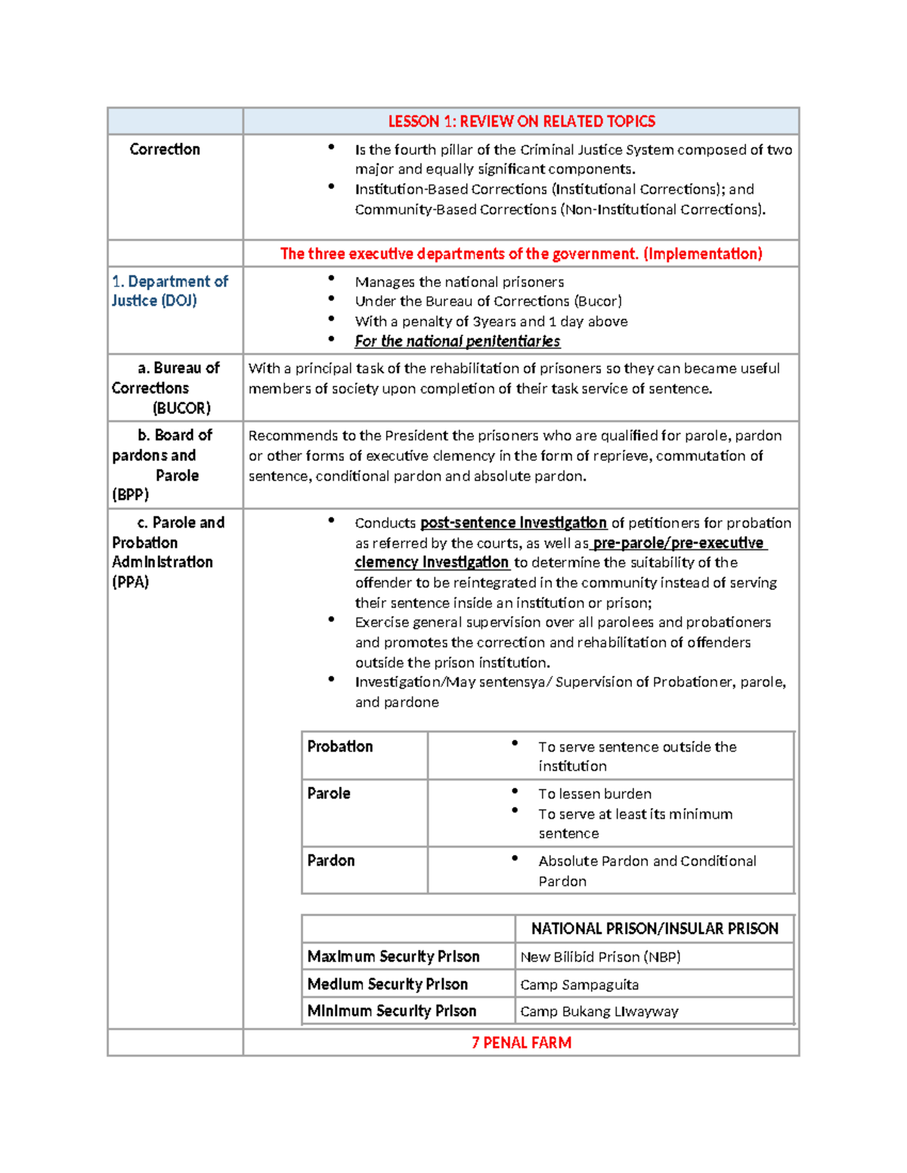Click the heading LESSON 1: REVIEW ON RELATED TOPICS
[x=521, y=122]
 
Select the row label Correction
[x=165, y=150]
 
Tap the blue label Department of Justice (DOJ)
[x=169, y=291]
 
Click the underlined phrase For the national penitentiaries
[x=457, y=341]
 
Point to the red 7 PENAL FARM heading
[x=521, y=1043]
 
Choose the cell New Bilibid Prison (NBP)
[x=600, y=957]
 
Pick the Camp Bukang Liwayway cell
[x=599, y=1011]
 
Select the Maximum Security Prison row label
[x=393, y=957]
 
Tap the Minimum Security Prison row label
[x=392, y=1011]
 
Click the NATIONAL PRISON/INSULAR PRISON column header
[x=655, y=929]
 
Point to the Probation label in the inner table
[x=340, y=747]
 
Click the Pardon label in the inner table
[x=331, y=861]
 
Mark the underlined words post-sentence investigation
[x=513, y=523]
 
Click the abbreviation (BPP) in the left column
[x=131, y=495]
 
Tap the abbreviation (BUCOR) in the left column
[x=181, y=409]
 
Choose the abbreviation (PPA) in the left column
[x=131, y=582]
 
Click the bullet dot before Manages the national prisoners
[x=331, y=279]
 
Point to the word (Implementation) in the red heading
[x=703, y=255]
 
